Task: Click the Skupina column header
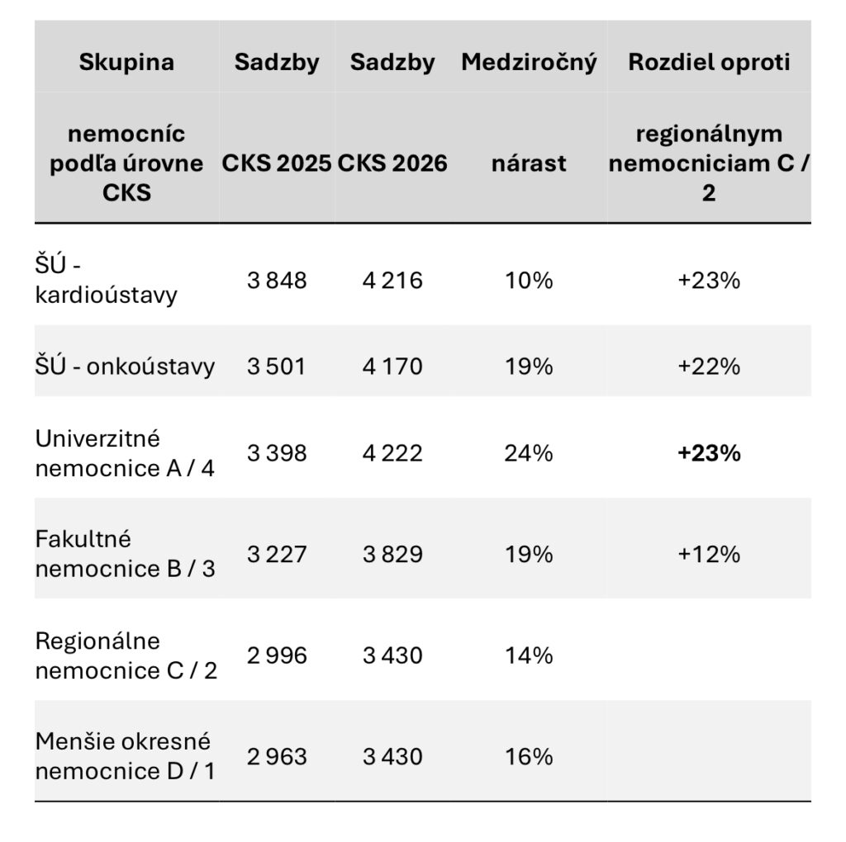pyautogui.click(x=126, y=62)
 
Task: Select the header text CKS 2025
pyautogui.click(x=276, y=163)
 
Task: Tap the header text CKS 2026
pyautogui.click(x=392, y=163)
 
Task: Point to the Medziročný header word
pyautogui.click(x=529, y=63)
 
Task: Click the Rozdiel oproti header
pyautogui.click(x=709, y=63)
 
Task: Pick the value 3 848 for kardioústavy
pyautogui.click(x=277, y=281)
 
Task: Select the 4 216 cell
pyautogui.click(x=392, y=281)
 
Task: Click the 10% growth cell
pyautogui.click(x=529, y=281)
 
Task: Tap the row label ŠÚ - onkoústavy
pyautogui.click(x=126, y=366)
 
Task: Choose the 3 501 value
pyautogui.click(x=276, y=367)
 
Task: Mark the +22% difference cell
pyautogui.click(x=709, y=367)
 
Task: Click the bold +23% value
pyautogui.click(x=709, y=453)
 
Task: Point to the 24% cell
pyautogui.click(x=529, y=453)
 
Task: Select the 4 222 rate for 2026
pyautogui.click(x=392, y=453)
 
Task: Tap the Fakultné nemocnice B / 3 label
pyautogui.click(x=126, y=554)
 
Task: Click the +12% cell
pyautogui.click(x=709, y=554)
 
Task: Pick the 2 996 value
pyautogui.click(x=277, y=655)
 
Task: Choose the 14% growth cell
pyautogui.click(x=529, y=655)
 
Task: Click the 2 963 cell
pyautogui.click(x=277, y=756)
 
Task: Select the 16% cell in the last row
pyautogui.click(x=529, y=756)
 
